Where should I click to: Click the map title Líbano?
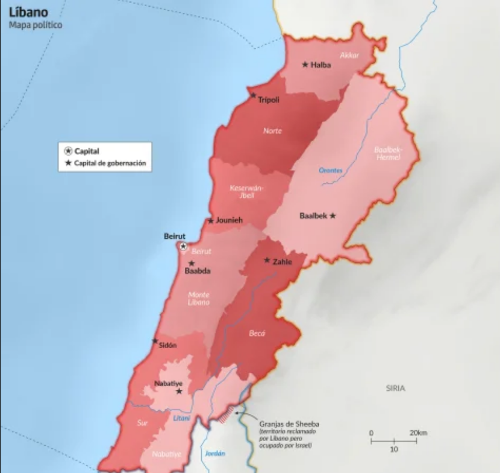coord(29,12)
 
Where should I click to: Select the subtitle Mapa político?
coord(36,25)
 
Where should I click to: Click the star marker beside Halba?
coord(305,65)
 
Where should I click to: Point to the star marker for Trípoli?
coord(254,95)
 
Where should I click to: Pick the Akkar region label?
coord(349,56)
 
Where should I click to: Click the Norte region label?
coord(272,131)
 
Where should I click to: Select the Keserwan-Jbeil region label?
coord(244,191)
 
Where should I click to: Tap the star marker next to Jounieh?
coord(211,221)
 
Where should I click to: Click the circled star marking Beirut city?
coord(183,247)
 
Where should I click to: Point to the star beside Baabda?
coord(192,263)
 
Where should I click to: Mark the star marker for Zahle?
coord(267,261)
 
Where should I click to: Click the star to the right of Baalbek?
coord(333,215)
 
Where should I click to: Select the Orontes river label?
coord(331,171)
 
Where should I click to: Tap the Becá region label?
coord(257,333)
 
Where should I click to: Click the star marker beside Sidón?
coord(155,341)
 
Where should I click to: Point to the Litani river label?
coord(181,418)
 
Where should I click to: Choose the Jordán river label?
coord(214,453)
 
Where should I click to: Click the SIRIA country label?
coord(395,389)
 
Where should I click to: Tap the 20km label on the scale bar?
coord(418,433)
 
